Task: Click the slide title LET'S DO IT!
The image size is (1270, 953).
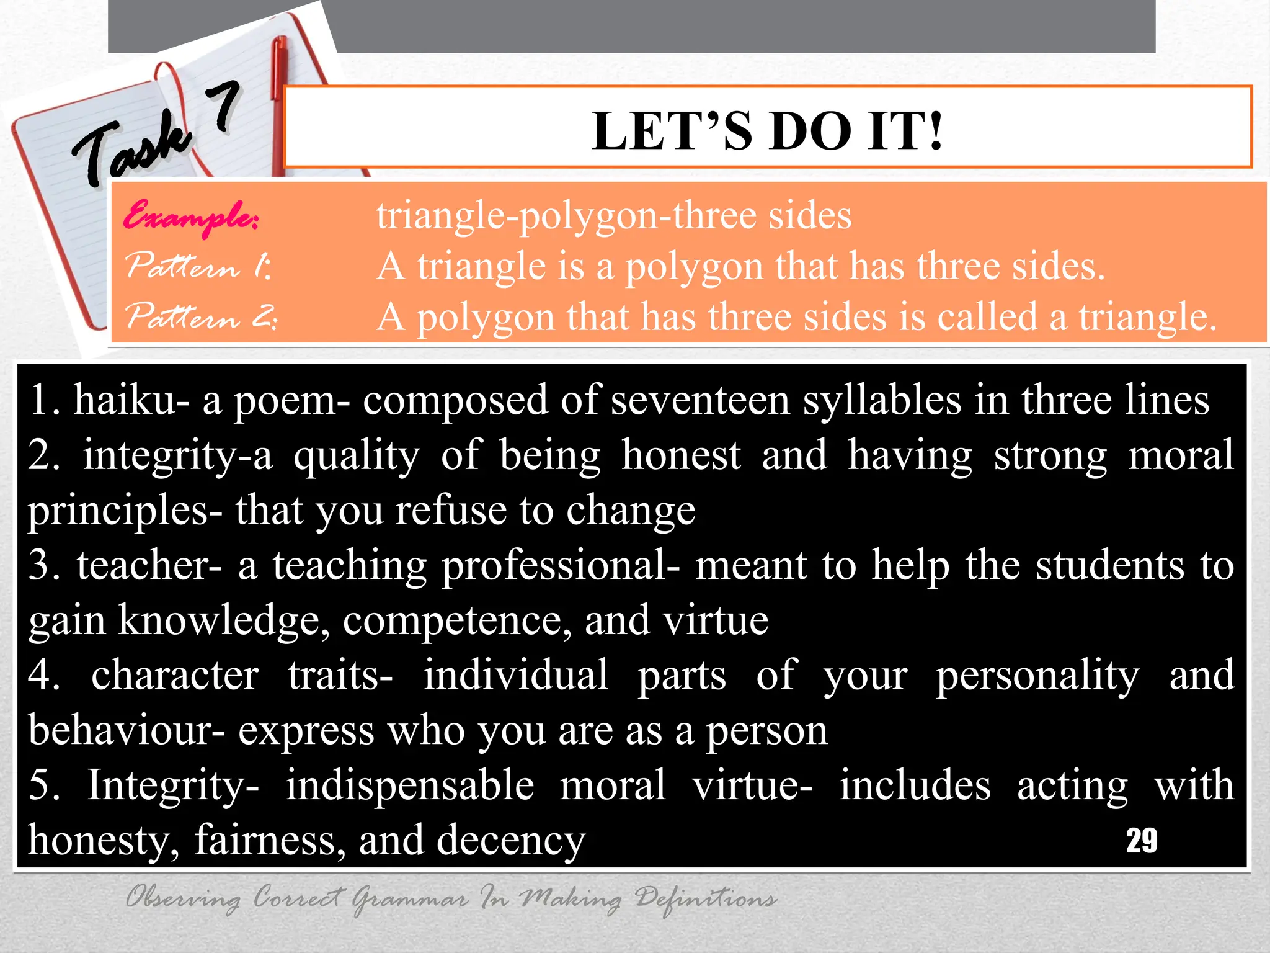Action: click(767, 131)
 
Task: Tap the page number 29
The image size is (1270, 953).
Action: click(1141, 841)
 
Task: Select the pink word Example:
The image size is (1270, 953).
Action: click(191, 216)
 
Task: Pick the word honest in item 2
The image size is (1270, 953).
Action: click(681, 455)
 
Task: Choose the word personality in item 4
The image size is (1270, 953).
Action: click(1037, 676)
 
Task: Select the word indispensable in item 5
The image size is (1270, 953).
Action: click(409, 785)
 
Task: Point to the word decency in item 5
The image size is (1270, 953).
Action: click(510, 841)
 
